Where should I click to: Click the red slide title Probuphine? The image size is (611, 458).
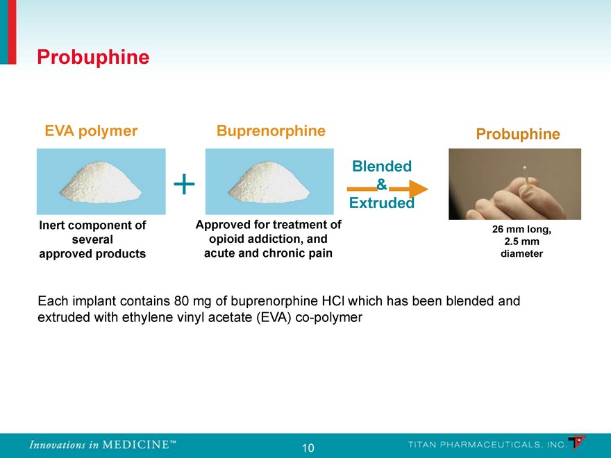coord(93,57)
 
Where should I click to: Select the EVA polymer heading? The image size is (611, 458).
coord(91,131)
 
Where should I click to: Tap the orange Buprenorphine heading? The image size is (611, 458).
coord(271,130)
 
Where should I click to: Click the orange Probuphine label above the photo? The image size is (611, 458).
coord(518,134)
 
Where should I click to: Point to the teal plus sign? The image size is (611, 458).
coord(184,184)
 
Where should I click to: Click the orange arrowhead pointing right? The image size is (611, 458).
coord(419,189)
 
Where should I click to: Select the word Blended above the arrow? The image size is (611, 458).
coord(382,167)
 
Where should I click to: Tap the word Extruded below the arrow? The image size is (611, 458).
coord(381,203)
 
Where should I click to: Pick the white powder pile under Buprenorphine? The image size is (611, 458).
coord(269,183)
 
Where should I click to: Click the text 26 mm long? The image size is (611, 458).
coord(521,229)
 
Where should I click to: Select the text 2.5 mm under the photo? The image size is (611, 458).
coord(521,241)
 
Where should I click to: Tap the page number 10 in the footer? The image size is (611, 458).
coord(308,448)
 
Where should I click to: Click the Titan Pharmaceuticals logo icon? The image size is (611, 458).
coord(577,443)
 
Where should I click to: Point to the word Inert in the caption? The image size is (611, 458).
coord(53,225)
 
